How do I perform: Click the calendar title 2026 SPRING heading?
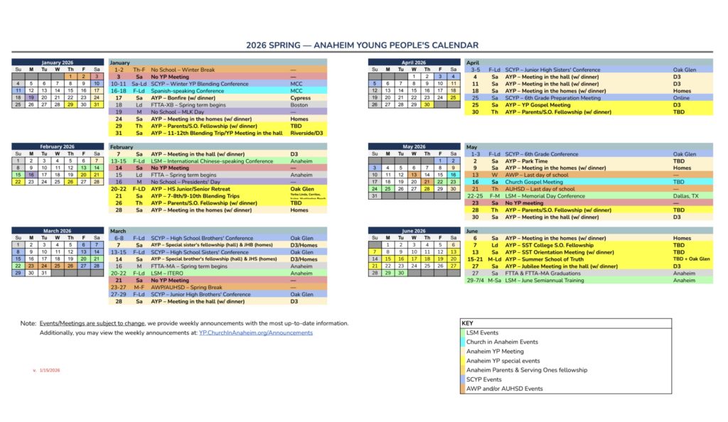[363, 45]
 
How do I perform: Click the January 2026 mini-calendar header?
[58, 63]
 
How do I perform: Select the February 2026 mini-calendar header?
[58, 146]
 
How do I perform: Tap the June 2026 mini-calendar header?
[413, 231]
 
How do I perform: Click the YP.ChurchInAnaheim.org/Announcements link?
[255, 332]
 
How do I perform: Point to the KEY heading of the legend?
[468, 323]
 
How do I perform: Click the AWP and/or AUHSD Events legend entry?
[504, 389]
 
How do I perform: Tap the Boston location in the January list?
[299, 104]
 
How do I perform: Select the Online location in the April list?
[681, 97]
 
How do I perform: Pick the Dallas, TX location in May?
[685, 195]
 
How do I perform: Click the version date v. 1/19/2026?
[46, 370]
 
